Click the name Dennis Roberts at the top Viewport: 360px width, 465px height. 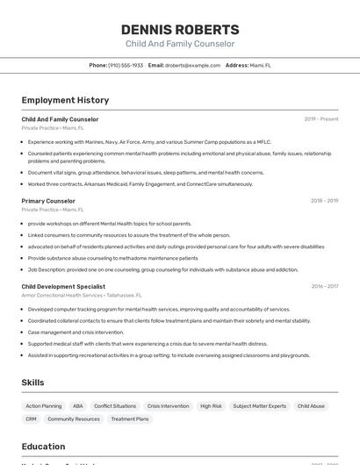tap(180, 29)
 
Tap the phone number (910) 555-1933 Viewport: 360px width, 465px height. tap(126, 65)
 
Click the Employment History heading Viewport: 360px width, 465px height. tap(65, 100)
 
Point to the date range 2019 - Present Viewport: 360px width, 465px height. tap(321, 119)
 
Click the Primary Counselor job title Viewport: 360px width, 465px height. tap(48, 201)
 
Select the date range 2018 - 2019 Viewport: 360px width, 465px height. tap(324, 201)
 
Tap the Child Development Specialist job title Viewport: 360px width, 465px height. tap(63, 286)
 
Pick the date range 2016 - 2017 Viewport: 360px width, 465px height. tap(324, 286)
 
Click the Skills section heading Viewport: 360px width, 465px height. tap(32, 383)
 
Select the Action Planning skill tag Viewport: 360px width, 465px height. tap(44, 406)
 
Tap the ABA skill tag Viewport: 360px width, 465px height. tap(78, 406)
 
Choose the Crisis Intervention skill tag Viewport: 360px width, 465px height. tap(168, 406)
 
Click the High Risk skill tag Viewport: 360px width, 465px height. tap(211, 406)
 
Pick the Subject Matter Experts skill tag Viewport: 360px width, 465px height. tap(259, 406)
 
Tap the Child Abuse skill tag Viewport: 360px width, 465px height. tap(311, 406)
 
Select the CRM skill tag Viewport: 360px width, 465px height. tap(31, 419)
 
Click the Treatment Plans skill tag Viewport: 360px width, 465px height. tap(130, 419)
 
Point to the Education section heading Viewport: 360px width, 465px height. tap(43, 446)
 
